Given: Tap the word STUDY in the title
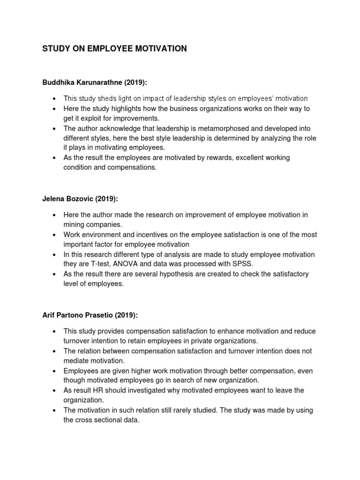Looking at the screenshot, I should pos(55,49).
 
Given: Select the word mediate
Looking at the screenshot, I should pos(76,360).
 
